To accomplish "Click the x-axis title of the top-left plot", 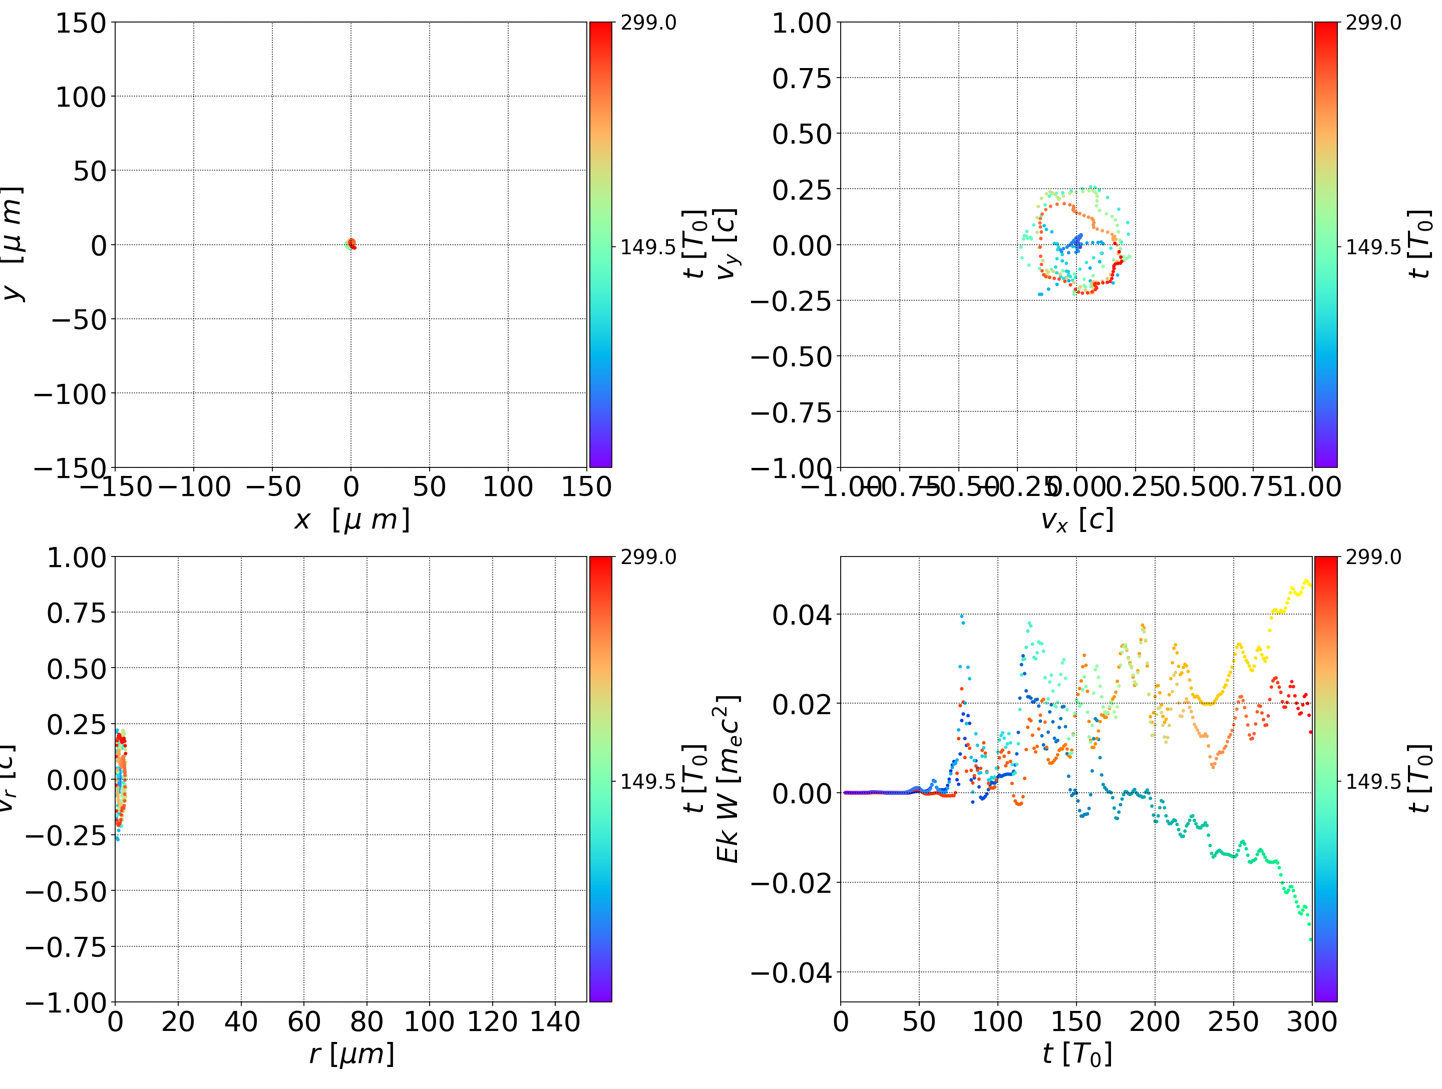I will [x=351, y=519].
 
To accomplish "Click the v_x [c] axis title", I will [x=1076, y=519].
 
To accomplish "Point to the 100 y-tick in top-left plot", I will [x=80, y=97].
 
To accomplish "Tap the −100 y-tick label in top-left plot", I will [x=70, y=394].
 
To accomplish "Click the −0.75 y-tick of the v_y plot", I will [x=792, y=412].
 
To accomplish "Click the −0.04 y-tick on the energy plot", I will [x=792, y=973].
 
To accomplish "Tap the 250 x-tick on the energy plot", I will [x=1233, y=1021].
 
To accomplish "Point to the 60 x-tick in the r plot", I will [x=304, y=1021].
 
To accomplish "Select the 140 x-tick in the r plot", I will [x=555, y=1021].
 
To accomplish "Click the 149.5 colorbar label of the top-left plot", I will [x=647, y=247].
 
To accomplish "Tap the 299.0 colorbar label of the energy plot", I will [x=1373, y=557].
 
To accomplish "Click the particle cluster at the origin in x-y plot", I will [x=350, y=244].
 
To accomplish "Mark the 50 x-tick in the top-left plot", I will [x=429, y=487].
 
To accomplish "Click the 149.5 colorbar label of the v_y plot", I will [x=1373, y=247].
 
